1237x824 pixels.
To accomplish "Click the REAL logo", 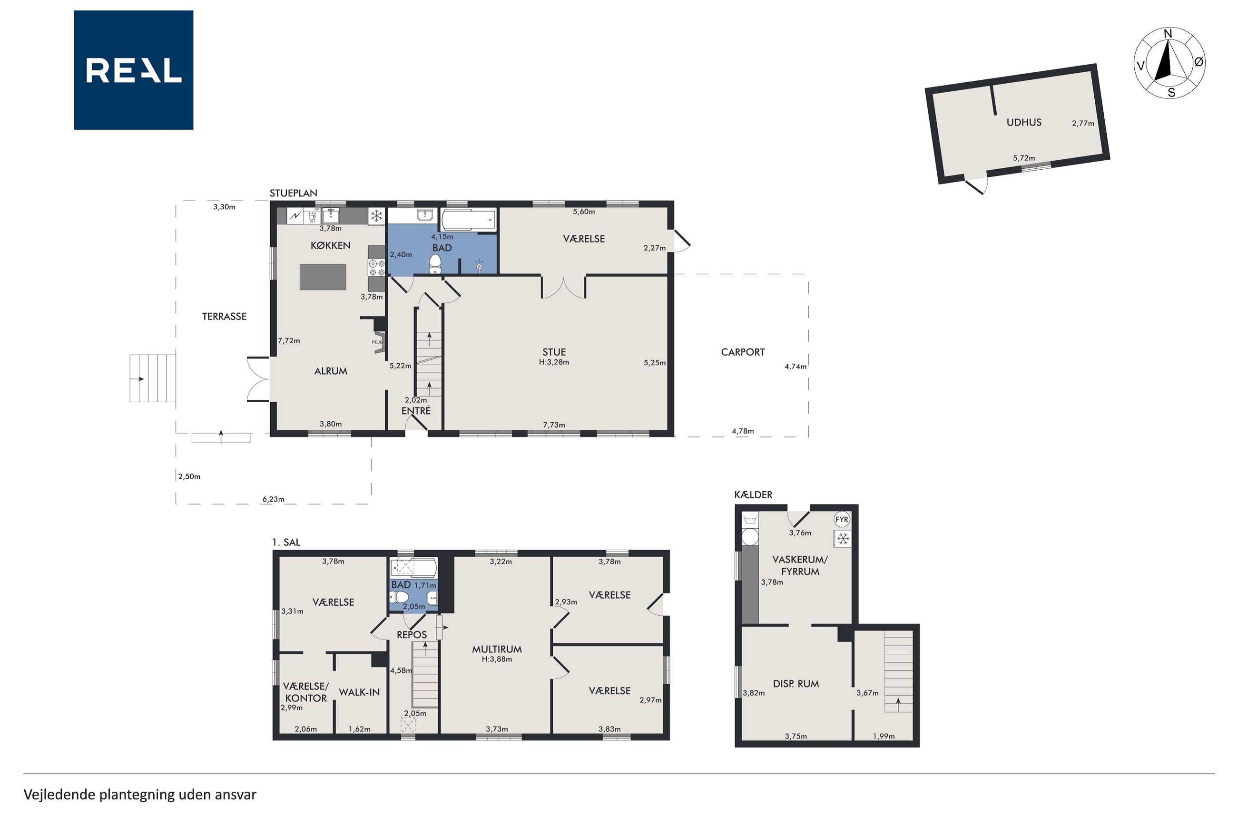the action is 134,70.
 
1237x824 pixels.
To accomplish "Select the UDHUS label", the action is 1023,123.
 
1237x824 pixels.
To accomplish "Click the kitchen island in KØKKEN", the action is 323,277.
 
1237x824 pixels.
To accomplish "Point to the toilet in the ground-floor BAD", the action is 435,264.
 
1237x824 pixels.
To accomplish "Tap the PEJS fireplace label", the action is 377,342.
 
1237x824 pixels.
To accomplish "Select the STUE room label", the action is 554,352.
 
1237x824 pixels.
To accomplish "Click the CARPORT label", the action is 742,352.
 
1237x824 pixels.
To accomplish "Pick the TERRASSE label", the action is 224,316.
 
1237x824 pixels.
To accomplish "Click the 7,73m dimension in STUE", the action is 554,425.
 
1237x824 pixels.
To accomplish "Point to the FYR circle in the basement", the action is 842,520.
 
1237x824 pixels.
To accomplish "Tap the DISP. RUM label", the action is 795,684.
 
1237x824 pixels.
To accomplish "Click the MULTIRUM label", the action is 496,650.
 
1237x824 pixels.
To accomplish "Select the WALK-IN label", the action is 359,693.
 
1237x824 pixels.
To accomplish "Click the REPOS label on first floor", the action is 412,635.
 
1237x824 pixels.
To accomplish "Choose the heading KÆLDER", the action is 753,495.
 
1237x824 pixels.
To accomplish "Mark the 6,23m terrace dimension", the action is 274,499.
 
